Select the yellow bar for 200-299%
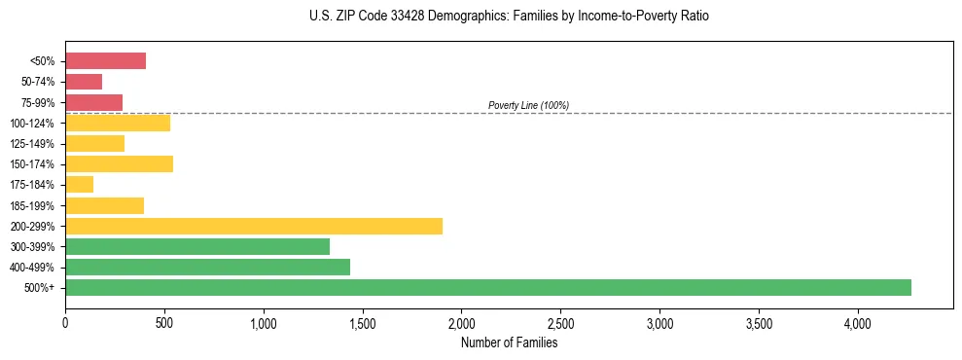tap(254, 226)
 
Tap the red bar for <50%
tap(105, 61)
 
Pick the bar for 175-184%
tap(79, 184)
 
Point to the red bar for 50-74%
tap(84, 82)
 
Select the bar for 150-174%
tap(119, 163)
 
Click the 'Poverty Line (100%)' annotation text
tap(528, 105)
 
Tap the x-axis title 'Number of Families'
tap(509, 342)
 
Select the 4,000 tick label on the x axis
tap(857, 322)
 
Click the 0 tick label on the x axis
tap(65, 322)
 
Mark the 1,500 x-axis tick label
tap(362, 322)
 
